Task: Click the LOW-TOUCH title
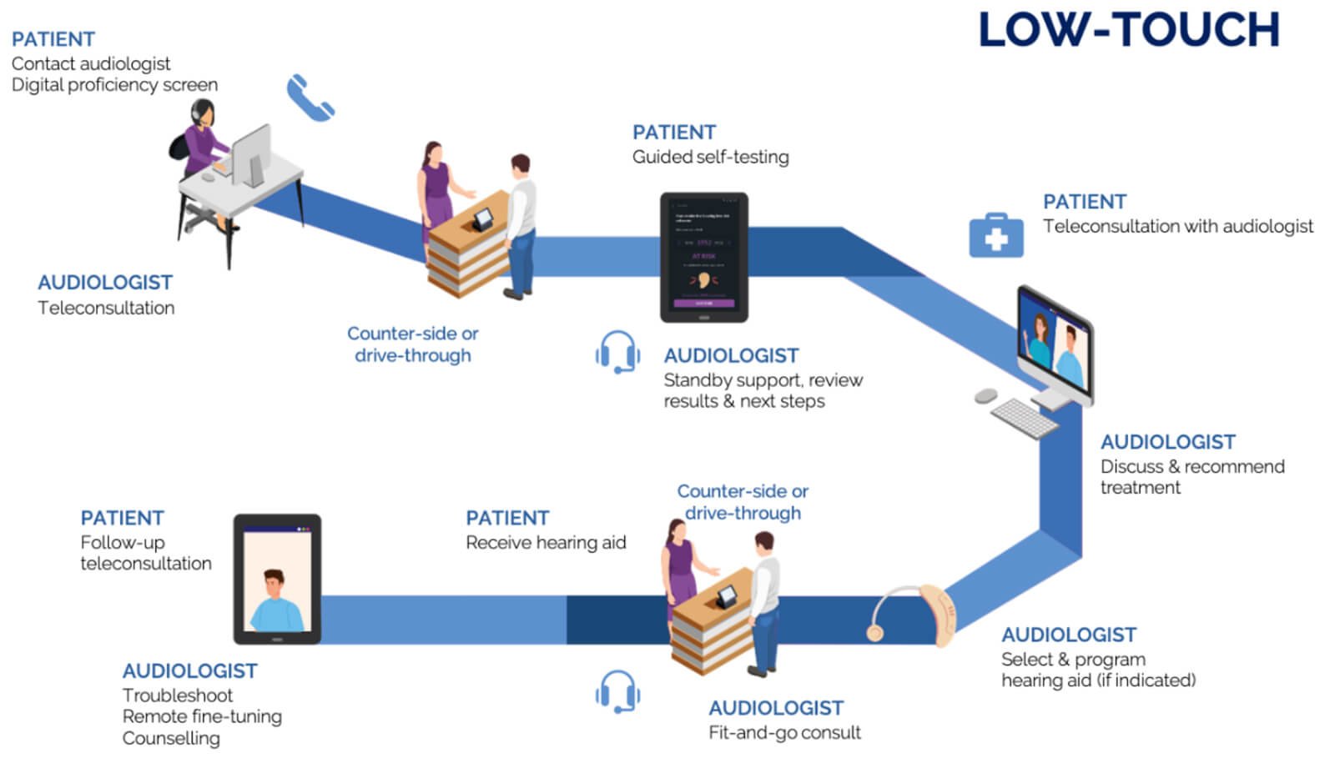tap(1128, 30)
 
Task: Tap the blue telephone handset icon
tap(310, 98)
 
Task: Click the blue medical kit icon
tap(995, 235)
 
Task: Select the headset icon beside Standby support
tap(617, 352)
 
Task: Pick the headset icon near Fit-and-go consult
tap(617, 691)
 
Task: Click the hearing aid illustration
tap(914, 615)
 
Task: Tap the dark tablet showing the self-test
tap(703, 257)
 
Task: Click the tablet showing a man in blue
tap(276, 579)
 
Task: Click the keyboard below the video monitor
tap(1024, 416)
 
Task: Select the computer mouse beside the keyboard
tap(985, 395)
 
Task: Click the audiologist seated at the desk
tap(204, 146)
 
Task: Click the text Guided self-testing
tap(710, 157)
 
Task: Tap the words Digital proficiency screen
tap(114, 85)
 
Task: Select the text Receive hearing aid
tap(546, 543)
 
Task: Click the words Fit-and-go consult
tap(784, 733)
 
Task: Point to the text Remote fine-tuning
tap(202, 716)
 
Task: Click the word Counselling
tap(171, 738)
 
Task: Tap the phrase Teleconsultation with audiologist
tap(1177, 226)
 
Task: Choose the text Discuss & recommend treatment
tap(1191, 477)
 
